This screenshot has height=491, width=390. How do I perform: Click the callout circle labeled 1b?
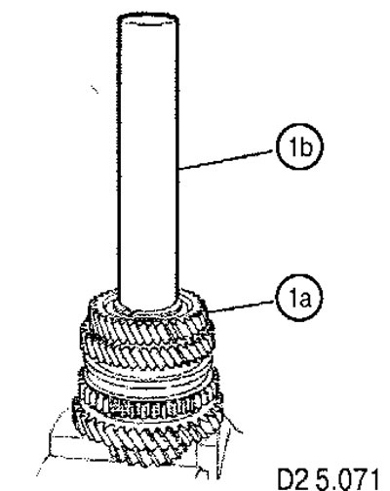[x=299, y=146]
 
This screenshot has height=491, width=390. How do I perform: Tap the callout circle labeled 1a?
[x=299, y=298]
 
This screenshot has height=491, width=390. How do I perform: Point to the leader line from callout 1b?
[x=227, y=159]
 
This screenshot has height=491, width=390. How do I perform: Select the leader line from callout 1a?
[x=241, y=307]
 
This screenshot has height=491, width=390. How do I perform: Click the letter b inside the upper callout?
[x=306, y=146]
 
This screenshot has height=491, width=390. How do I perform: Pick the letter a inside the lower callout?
[x=304, y=300]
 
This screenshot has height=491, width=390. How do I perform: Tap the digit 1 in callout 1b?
[x=292, y=146]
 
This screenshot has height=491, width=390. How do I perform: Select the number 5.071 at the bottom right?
[x=348, y=478]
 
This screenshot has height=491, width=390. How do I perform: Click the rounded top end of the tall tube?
[x=147, y=17]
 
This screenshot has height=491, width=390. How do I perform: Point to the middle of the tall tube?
[x=148, y=159]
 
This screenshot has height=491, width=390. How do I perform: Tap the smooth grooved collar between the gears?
[x=148, y=378]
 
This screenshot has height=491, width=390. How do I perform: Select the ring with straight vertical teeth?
[x=149, y=403]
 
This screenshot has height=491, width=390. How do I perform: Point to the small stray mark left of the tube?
[x=95, y=89]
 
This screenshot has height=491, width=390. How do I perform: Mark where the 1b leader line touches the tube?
[x=179, y=169]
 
